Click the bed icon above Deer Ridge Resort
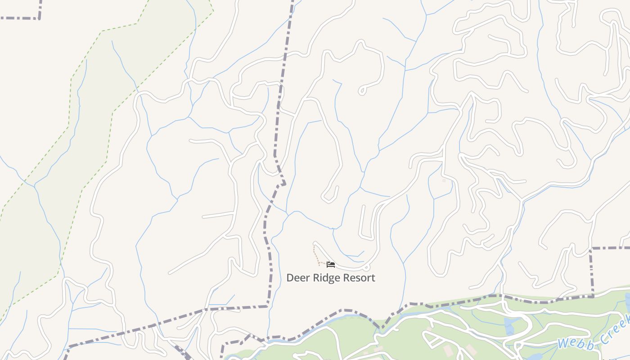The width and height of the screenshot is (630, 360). click(x=331, y=265)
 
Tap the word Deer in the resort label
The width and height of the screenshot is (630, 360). click(x=298, y=278)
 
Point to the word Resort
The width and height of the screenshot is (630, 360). click(x=358, y=278)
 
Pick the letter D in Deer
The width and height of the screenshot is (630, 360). click(x=290, y=278)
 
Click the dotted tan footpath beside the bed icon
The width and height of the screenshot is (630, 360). click(x=316, y=257)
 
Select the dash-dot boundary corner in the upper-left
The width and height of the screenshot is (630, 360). click(x=39, y=18)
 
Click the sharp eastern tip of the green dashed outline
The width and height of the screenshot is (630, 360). click(x=213, y=11)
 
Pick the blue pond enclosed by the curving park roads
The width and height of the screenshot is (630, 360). click(x=510, y=326)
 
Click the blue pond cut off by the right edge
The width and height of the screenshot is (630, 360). click(x=628, y=299)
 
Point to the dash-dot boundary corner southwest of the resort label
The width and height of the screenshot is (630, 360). click(x=268, y=306)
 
